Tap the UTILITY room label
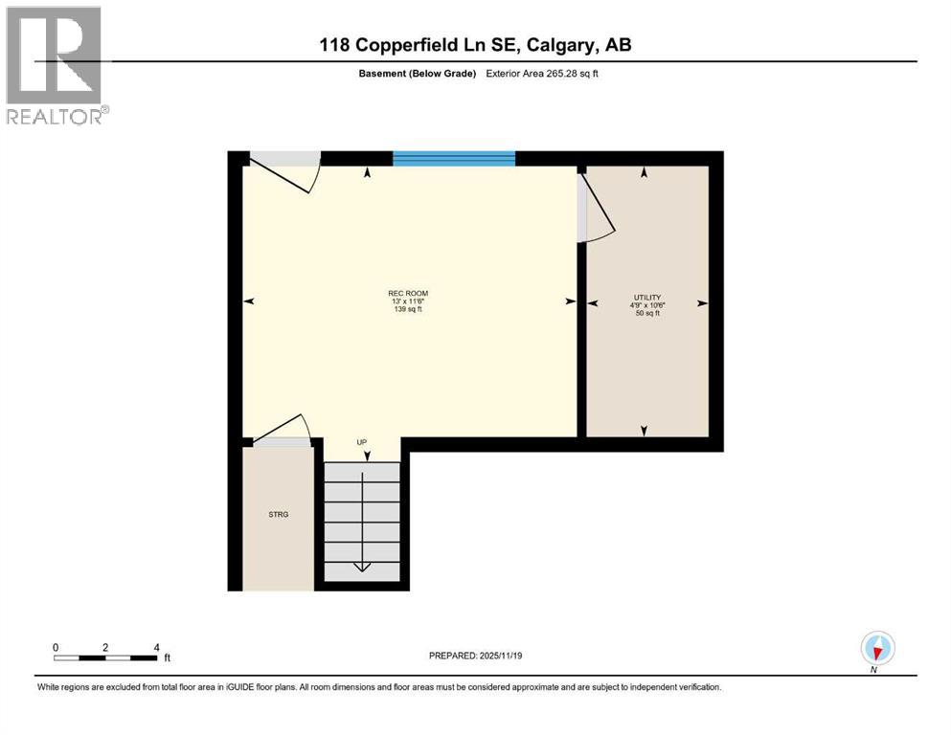(x=647, y=298)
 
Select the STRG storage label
(x=278, y=515)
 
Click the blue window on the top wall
(x=454, y=159)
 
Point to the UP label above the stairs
(x=362, y=442)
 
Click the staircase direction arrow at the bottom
(x=362, y=566)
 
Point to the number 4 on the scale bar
(x=155, y=647)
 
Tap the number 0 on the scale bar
(x=56, y=647)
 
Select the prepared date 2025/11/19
(x=476, y=656)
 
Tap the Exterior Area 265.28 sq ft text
(x=545, y=74)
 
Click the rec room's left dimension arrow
(x=249, y=301)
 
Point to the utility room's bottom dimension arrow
(x=645, y=431)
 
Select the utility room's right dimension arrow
(x=702, y=303)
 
